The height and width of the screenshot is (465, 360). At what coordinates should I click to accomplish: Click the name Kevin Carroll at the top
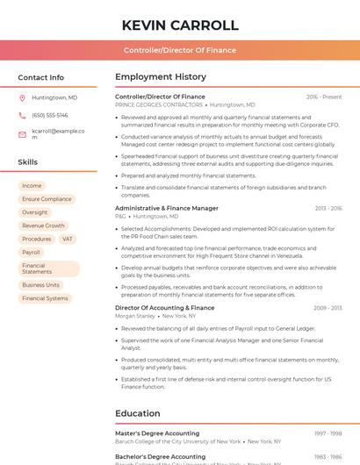tap(180, 25)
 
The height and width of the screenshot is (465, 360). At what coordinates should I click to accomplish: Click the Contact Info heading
tap(40, 77)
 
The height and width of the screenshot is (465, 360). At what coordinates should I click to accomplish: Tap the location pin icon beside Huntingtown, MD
tap(22, 97)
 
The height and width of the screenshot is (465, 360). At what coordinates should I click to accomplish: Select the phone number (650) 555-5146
tap(50, 115)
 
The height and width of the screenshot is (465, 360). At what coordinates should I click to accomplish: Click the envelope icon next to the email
tap(22, 132)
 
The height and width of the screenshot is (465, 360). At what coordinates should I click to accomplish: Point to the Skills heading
tap(28, 162)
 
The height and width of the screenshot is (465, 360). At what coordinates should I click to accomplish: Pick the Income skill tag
tap(32, 186)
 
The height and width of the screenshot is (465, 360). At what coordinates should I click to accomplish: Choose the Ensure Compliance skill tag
tap(47, 199)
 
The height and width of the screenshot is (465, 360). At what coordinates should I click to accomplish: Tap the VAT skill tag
tap(68, 239)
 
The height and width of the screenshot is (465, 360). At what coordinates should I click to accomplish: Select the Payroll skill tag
tap(31, 252)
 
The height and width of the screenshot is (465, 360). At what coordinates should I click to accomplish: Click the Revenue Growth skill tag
tap(44, 225)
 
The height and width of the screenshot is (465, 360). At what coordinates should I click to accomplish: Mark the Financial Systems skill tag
tap(45, 298)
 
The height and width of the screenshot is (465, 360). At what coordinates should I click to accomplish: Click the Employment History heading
tap(161, 77)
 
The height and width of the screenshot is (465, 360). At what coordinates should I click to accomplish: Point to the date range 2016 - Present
tap(324, 97)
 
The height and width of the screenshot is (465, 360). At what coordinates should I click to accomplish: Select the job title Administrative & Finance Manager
tap(167, 208)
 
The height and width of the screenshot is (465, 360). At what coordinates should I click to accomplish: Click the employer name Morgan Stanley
tap(135, 316)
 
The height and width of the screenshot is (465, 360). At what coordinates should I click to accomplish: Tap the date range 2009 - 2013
tap(328, 308)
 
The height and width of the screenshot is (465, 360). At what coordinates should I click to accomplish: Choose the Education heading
tap(138, 413)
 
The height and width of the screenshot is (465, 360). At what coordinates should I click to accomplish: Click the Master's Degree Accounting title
tap(157, 433)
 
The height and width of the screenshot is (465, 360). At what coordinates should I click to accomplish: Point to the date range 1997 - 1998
tap(328, 433)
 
